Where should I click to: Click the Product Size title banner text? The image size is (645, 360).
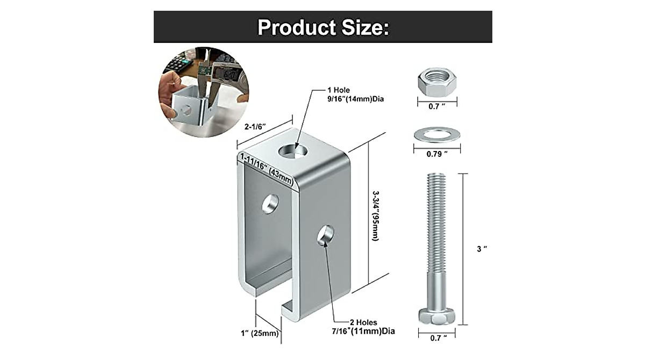[322, 27]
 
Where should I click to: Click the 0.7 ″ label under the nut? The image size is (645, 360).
[436, 106]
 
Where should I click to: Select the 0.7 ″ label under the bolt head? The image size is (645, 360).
[436, 338]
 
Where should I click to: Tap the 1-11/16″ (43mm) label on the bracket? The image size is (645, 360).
[267, 169]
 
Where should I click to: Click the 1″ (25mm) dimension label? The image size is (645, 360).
[261, 333]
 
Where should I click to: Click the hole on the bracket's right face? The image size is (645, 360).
[326, 235]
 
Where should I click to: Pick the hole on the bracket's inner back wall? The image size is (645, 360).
[270, 203]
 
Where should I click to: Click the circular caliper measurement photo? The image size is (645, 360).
[203, 91]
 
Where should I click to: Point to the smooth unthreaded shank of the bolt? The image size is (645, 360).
[436, 290]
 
